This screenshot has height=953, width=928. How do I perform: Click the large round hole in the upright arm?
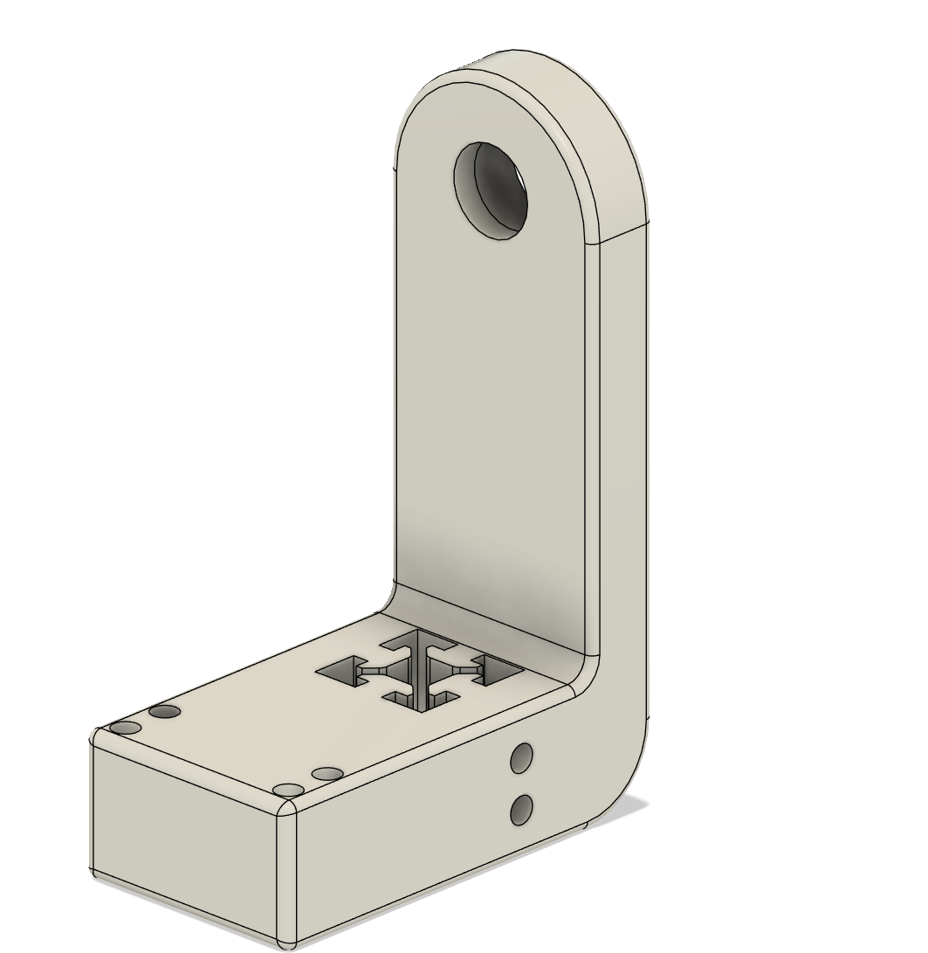tap(491, 190)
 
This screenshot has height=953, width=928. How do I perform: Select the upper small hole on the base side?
tap(522, 758)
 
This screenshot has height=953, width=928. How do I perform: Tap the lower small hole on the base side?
tap(522, 810)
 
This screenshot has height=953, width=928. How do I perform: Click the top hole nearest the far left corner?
tap(125, 729)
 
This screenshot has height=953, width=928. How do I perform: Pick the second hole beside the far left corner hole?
tap(164, 712)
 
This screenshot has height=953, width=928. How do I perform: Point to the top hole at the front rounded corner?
tap(288, 791)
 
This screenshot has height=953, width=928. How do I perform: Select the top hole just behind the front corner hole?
tap(327, 774)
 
